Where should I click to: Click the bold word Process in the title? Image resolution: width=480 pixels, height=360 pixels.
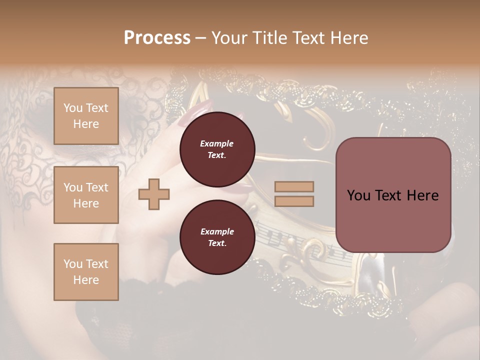coord(157,38)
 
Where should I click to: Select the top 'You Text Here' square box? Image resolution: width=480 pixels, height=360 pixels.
coord(86,116)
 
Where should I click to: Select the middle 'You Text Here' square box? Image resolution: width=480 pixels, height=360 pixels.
coord(86,195)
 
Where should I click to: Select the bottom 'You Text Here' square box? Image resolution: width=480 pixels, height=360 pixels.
coord(86,271)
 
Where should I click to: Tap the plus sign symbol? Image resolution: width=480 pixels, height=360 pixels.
coord(154,193)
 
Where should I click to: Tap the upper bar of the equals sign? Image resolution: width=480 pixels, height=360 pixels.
coord(294,186)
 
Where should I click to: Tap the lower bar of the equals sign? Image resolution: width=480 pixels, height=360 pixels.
coord(294,201)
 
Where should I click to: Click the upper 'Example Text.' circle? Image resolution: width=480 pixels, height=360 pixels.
coord(217,149)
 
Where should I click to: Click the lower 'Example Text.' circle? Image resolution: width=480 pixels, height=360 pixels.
coord(217,237)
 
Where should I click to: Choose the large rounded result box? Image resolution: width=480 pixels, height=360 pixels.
coord(393,195)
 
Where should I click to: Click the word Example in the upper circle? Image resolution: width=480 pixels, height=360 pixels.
coord(217,143)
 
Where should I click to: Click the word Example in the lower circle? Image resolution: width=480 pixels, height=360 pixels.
coord(217,231)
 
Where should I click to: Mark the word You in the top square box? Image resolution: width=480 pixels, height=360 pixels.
coord(73,108)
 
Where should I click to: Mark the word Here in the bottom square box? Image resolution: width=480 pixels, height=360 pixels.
coord(86,279)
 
